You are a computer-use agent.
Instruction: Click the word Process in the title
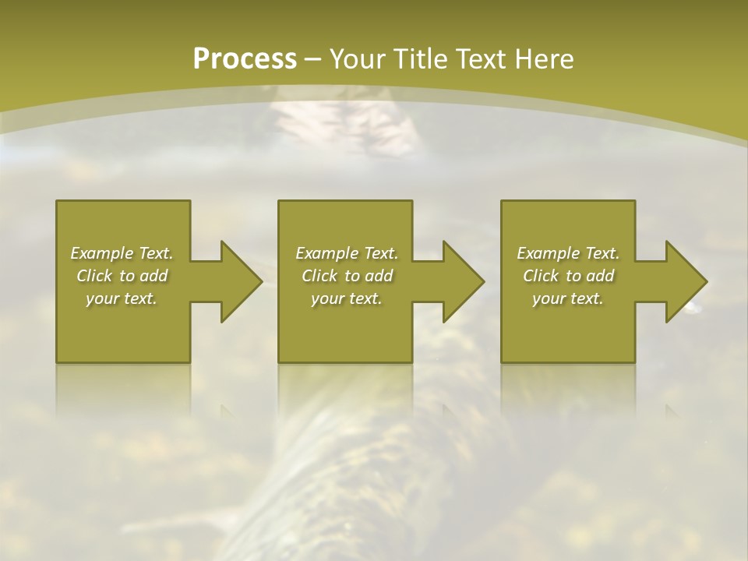click(245, 59)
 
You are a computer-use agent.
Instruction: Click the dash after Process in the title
click(313, 60)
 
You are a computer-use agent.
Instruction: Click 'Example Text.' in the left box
click(122, 253)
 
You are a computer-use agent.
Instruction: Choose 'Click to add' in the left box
click(122, 276)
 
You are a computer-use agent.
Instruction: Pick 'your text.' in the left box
click(122, 298)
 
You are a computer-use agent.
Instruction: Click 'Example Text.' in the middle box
click(347, 253)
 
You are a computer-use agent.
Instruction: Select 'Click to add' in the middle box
click(347, 276)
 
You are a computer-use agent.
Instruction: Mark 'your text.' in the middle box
click(347, 298)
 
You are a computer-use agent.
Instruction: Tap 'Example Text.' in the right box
click(568, 253)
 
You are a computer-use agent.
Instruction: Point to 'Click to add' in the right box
click(568, 276)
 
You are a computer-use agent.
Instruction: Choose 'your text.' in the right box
click(568, 298)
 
